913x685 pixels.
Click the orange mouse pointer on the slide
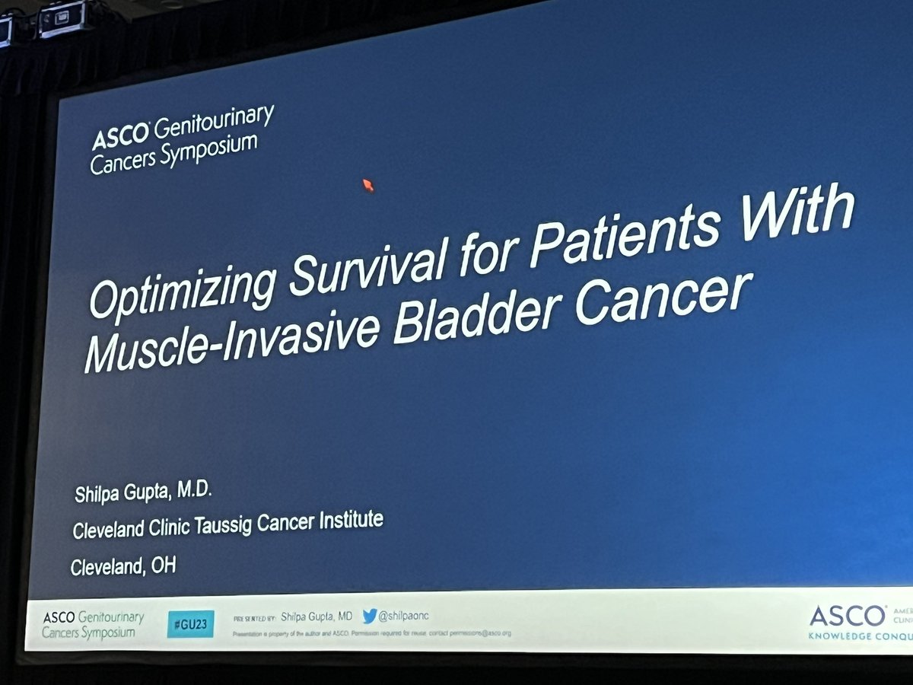368,185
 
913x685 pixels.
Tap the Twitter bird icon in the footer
370,616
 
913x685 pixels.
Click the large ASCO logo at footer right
847,616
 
